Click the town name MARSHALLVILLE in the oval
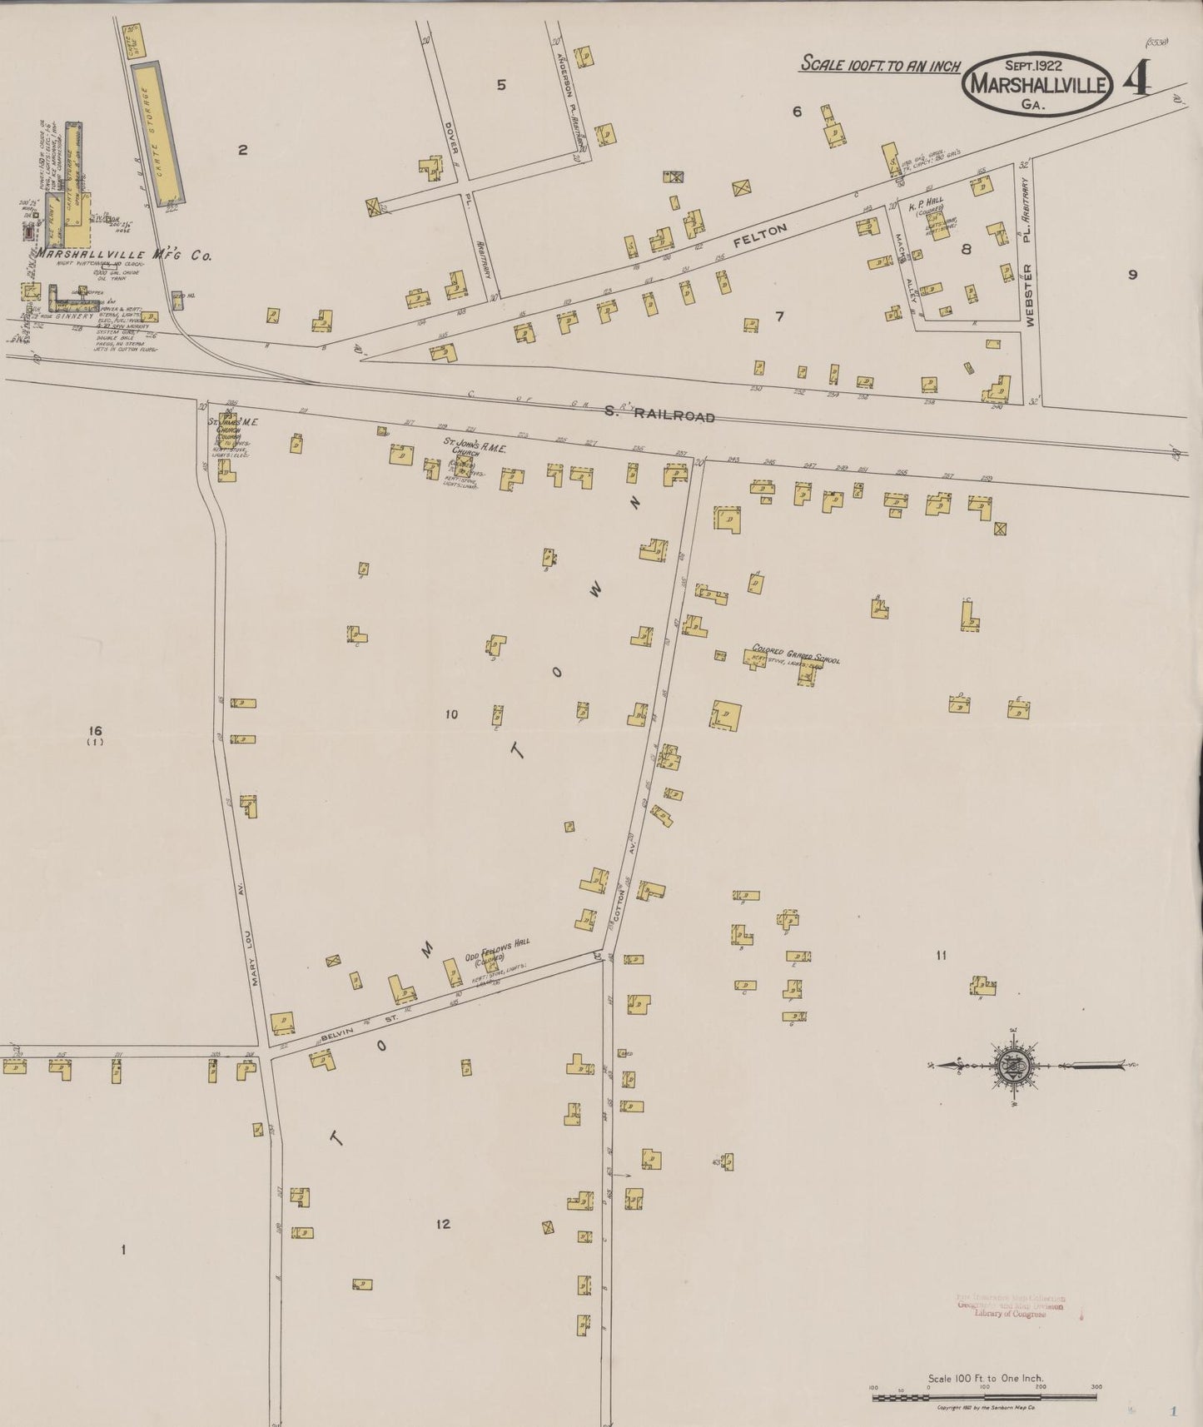(x=1036, y=86)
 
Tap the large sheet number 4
(x=1137, y=81)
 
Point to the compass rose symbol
(x=1014, y=1065)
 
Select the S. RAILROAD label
(x=663, y=415)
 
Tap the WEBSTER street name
(x=1030, y=295)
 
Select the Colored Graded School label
(x=796, y=654)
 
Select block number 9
(x=1132, y=276)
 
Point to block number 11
(x=941, y=956)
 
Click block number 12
(x=443, y=1223)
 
